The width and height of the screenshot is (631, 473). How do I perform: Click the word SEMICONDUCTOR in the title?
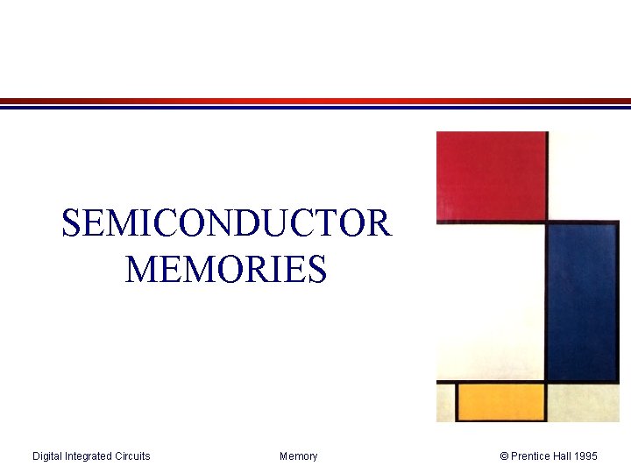226,223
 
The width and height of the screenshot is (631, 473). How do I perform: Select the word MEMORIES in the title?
226,269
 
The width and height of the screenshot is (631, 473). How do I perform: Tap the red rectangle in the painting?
492,174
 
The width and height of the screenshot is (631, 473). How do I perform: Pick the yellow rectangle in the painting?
500,402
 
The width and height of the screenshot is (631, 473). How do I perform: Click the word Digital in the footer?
48,455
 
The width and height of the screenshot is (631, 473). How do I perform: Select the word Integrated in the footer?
90,455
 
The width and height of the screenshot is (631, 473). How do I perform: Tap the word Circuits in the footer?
133,455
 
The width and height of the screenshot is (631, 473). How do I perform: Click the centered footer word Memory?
299,455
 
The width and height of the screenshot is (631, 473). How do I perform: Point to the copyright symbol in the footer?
504,455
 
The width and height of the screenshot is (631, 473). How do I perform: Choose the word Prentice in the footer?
533,455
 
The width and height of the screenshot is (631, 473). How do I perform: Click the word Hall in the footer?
567,455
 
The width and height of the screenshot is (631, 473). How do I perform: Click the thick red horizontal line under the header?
315,101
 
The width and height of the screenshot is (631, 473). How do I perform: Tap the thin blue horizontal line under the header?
315,108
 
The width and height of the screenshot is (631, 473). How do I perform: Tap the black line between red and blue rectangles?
547,222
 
